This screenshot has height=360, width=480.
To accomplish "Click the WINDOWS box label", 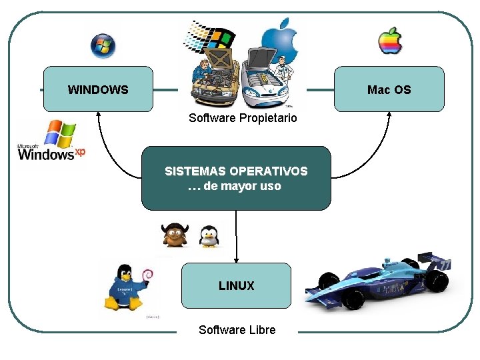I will [x=98, y=89].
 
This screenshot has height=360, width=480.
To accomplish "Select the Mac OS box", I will [x=389, y=89].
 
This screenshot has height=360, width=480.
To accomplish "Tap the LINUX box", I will [x=237, y=285].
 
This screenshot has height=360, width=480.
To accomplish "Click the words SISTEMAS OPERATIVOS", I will [x=236, y=171].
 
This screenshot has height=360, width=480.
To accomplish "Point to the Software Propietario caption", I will [x=243, y=118].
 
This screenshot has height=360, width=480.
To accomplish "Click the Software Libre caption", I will [x=237, y=330].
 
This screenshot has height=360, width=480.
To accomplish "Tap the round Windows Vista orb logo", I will [x=103, y=45].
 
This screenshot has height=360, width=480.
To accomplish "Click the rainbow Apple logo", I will [x=391, y=41].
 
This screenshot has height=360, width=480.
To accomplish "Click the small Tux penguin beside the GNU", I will [x=209, y=236].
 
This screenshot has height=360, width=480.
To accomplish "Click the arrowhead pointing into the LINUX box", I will [x=237, y=259].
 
